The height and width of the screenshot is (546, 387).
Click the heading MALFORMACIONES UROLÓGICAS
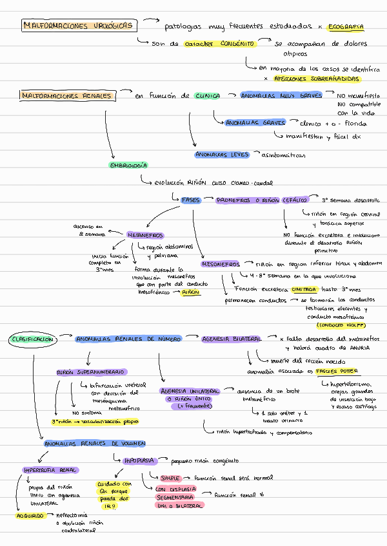tap(79, 26)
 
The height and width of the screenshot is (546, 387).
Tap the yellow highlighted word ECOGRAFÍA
tap(346, 27)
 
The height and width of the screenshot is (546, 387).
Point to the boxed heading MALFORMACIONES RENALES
tap(67, 96)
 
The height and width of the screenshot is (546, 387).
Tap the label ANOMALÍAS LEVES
tap(221, 155)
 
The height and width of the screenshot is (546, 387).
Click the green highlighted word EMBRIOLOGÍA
tap(128, 165)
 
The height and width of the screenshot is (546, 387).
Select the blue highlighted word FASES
tap(191, 200)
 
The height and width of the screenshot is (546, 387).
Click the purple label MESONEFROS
tap(221, 264)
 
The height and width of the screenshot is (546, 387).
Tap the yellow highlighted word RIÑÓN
tap(191, 292)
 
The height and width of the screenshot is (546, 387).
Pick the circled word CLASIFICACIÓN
tap(32, 339)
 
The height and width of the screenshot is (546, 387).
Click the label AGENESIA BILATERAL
tap(232, 339)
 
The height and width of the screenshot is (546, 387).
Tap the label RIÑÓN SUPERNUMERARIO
tap(92, 372)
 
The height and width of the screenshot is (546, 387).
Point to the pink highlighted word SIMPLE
tap(170, 478)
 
